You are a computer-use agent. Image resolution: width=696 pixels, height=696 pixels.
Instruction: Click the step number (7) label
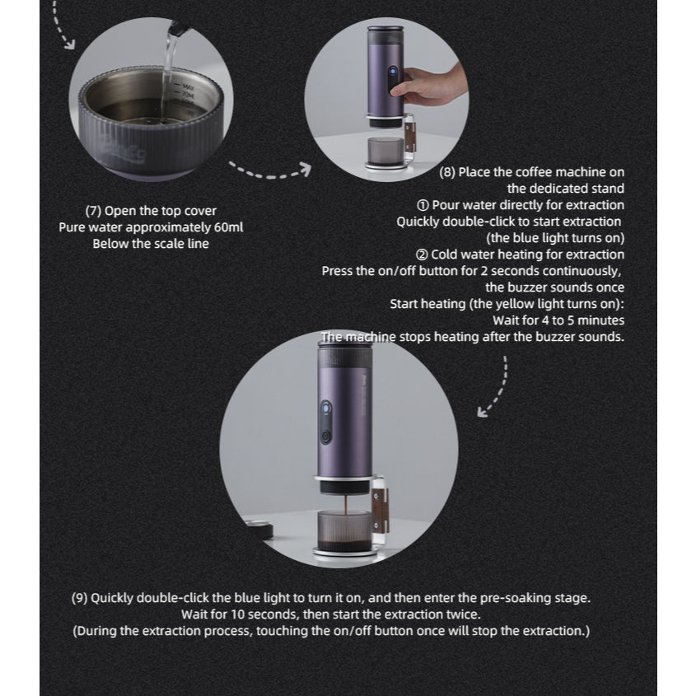click(x=94, y=211)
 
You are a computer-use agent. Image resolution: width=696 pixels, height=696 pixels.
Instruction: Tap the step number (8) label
click(x=448, y=172)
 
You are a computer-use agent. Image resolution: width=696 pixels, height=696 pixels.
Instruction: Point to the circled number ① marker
click(x=423, y=205)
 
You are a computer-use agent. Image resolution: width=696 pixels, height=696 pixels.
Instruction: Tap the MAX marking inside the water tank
click(x=189, y=85)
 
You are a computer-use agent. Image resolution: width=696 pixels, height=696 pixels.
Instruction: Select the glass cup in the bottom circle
click(x=342, y=535)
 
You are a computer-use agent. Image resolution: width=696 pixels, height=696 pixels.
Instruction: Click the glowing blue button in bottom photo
click(x=325, y=409)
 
